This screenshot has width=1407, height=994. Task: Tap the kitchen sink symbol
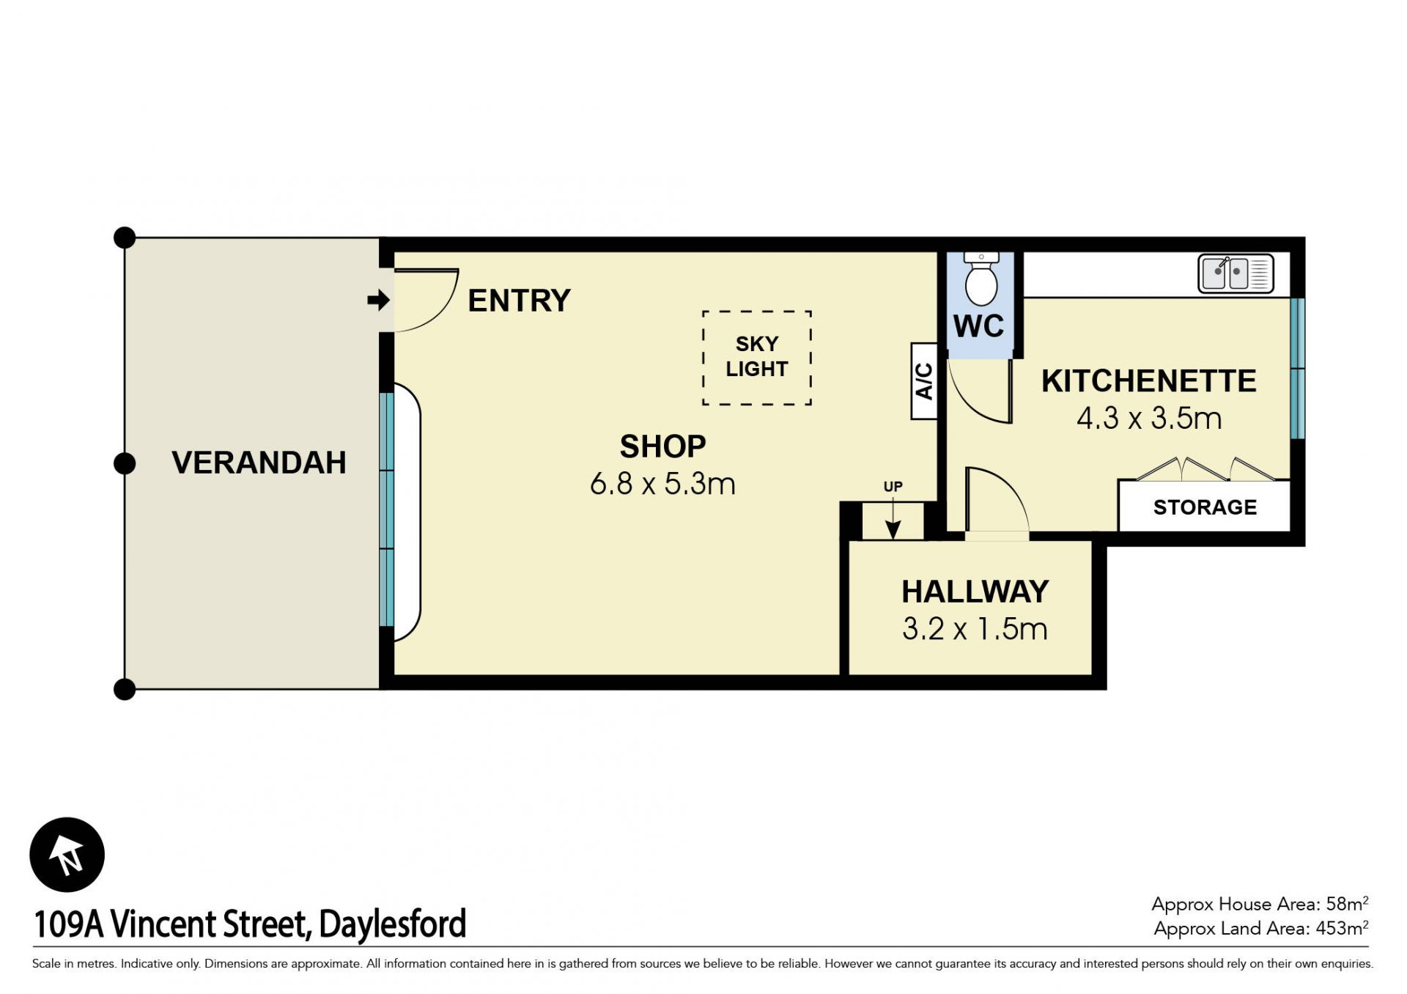(1236, 273)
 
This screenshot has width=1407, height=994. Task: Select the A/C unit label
(924, 381)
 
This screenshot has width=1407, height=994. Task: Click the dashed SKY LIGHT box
(757, 358)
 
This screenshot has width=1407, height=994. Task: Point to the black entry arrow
(378, 300)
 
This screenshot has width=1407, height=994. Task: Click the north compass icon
(67, 855)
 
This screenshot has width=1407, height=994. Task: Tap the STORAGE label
(1205, 507)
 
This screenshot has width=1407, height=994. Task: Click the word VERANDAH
(259, 463)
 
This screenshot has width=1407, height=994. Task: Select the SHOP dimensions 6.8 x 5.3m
(662, 484)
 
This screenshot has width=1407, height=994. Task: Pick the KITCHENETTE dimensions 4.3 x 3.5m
(1149, 419)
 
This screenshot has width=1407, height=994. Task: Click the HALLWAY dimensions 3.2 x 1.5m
(975, 629)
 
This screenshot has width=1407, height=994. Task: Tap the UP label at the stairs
(893, 487)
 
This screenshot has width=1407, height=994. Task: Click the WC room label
(979, 326)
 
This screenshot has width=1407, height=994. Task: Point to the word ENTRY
(519, 301)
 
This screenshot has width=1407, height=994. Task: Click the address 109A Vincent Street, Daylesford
(250, 924)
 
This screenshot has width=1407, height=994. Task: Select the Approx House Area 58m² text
(1260, 904)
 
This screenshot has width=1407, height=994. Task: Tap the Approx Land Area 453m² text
(1260, 928)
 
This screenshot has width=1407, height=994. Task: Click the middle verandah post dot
(125, 463)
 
